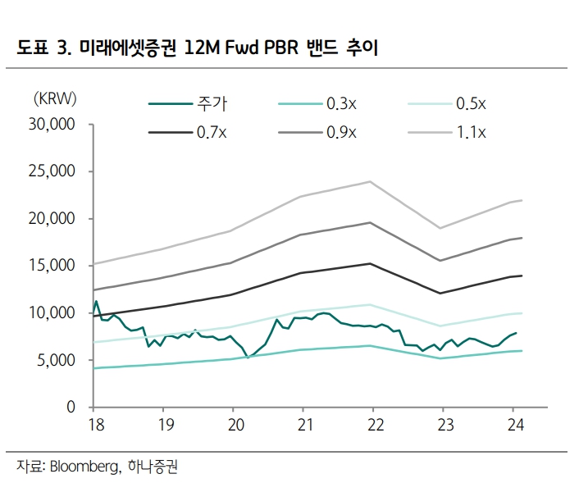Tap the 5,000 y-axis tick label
[x=56, y=361]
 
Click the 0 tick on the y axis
[x=71, y=408]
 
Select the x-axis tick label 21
[x=303, y=426]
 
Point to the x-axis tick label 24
[x=513, y=426]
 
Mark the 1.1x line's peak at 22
[x=371, y=181]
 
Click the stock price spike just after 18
[x=96, y=302]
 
